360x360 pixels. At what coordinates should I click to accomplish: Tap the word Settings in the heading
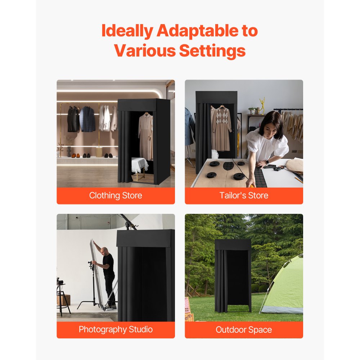click(x=212, y=51)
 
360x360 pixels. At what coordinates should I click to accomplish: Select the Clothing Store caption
click(x=116, y=196)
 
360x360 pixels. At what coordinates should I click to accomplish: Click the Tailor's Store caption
click(x=244, y=196)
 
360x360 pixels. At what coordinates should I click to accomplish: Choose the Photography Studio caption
click(x=116, y=329)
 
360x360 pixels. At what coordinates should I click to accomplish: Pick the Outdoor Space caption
click(x=244, y=329)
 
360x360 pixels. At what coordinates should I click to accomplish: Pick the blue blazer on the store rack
click(x=87, y=119)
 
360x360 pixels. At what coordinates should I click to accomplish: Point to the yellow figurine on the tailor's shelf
click(x=262, y=105)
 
